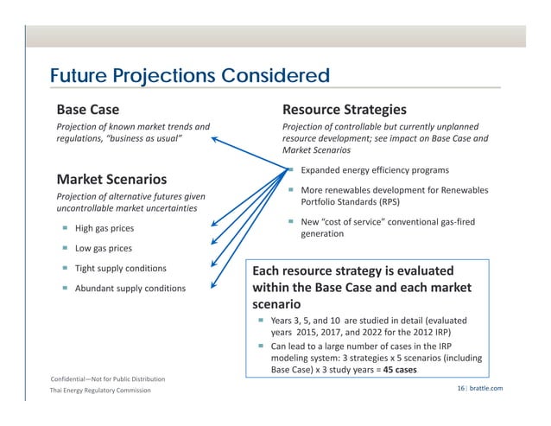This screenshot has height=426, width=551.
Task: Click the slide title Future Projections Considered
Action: point(189,76)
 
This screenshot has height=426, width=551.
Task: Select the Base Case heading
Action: point(88,110)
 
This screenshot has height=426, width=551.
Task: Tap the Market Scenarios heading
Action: point(111,180)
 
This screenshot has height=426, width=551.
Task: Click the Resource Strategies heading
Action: point(345,110)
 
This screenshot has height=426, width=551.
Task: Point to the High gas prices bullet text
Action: point(104,229)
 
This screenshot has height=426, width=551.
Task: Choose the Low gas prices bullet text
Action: point(104,249)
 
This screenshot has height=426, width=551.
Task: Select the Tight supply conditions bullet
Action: point(120,269)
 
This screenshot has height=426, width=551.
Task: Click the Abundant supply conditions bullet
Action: point(130,288)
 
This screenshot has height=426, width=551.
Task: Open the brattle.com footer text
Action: point(485,390)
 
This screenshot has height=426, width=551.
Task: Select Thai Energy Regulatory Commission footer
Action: point(99,391)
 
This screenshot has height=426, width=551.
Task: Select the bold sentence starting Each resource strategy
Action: point(361,287)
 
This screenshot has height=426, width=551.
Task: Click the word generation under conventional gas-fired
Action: point(322,234)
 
